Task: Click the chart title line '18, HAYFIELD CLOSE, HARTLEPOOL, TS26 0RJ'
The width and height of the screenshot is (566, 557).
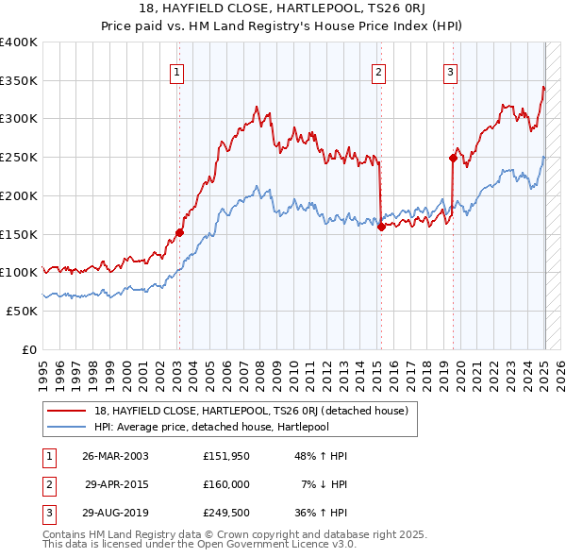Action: pyautogui.click(x=283, y=8)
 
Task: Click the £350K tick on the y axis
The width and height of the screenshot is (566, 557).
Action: pyautogui.click(x=19, y=81)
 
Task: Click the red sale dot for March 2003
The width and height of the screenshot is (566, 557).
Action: pyautogui.click(x=179, y=232)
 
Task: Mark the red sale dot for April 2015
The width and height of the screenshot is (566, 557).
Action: pyautogui.click(x=381, y=227)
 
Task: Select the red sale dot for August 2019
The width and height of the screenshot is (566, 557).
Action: pyautogui.click(x=453, y=159)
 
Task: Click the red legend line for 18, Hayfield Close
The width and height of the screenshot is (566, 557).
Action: pyautogui.click(x=67, y=411)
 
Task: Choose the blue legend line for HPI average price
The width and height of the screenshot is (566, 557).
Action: pyautogui.click(x=67, y=427)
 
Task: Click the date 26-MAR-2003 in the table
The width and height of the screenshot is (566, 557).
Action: pyautogui.click(x=115, y=456)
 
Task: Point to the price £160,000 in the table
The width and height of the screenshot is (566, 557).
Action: pyautogui.click(x=225, y=484)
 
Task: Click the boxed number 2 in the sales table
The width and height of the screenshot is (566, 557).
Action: pyautogui.click(x=47, y=484)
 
